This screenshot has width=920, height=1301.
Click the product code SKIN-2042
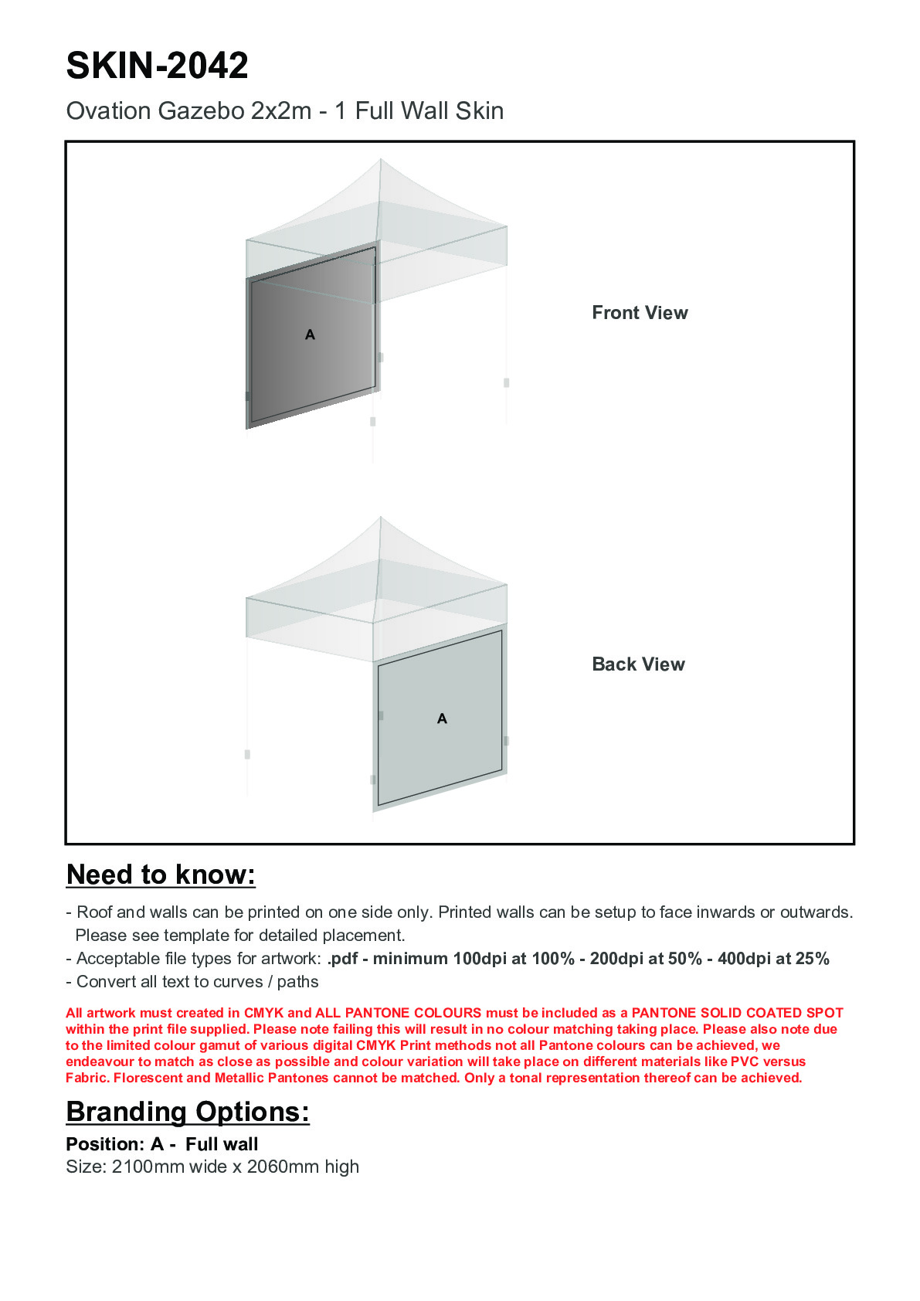(x=157, y=66)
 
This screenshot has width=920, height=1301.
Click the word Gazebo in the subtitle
(x=202, y=111)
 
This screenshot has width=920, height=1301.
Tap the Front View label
(x=640, y=313)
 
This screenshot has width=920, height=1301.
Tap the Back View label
(x=638, y=664)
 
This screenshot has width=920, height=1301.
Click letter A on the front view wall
(x=310, y=335)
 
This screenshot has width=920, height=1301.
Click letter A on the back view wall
(x=442, y=718)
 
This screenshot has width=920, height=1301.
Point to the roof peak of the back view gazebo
(x=380, y=518)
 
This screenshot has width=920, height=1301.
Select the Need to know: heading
(x=161, y=875)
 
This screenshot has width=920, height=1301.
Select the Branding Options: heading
(x=188, y=1112)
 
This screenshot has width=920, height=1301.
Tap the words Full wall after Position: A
(x=222, y=1144)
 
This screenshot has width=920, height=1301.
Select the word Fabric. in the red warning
(x=87, y=1078)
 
